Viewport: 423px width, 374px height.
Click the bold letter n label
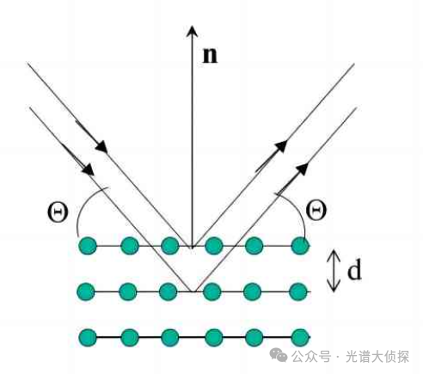click(x=210, y=55)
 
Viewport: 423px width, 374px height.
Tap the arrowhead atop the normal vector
click(x=192, y=31)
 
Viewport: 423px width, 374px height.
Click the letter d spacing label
click(x=354, y=270)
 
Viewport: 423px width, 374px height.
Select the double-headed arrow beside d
click(x=334, y=271)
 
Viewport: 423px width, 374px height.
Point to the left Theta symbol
click(x=58, y=212)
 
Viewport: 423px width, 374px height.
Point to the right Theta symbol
click(x=316, y=210)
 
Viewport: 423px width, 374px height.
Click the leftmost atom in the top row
click(x=88, y=246)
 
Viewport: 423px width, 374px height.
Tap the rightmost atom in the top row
click(x=300, y=246)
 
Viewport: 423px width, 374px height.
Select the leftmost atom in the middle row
click(x=86, y=291)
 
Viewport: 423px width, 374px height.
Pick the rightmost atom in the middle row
click(x=298, y=291)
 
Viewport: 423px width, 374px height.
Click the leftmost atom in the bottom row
click(x=88, y=337)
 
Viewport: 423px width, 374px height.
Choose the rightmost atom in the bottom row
click(x=300, y=337)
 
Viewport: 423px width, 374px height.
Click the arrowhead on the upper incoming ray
click(x=101, y=146)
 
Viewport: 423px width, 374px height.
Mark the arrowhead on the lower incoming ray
click(x=88, y=169)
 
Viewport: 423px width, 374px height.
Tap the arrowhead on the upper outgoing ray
click(x=281, y=145)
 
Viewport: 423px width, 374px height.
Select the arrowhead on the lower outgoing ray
click(x=302, y=169)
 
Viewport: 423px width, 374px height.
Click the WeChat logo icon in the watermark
click(x=279, y=355)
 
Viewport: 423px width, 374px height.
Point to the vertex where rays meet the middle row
click(x=193, y=291)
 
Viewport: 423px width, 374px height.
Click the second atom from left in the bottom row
click(x=130, y=337)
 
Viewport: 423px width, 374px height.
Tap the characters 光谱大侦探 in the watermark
click(x=377, y=357)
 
